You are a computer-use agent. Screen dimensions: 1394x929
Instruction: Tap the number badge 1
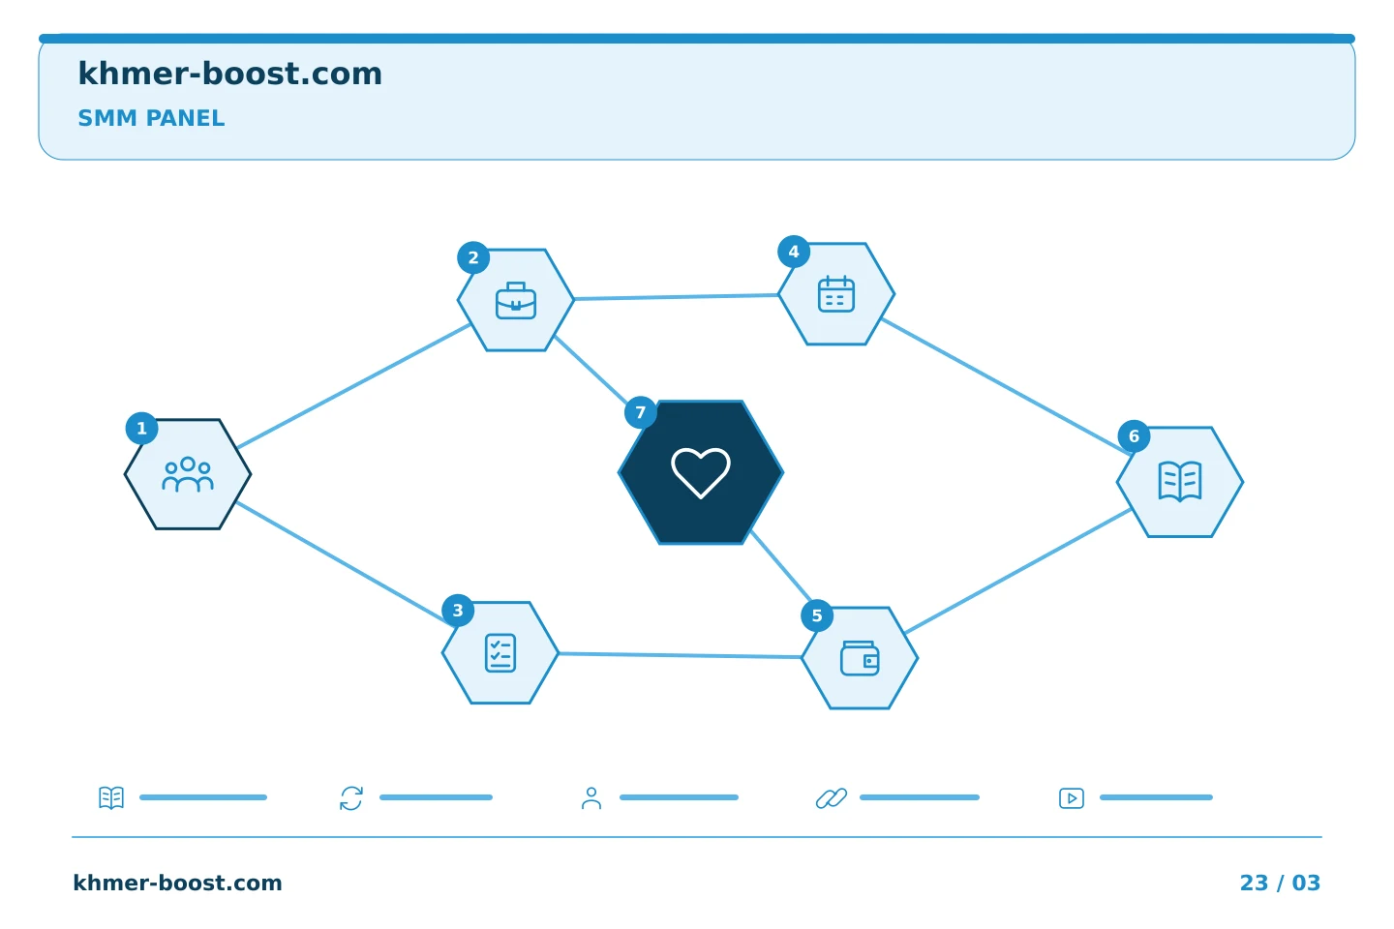click(x=142, y=428)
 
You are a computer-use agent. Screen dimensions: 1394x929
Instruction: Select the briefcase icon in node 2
click(x=516, y=301)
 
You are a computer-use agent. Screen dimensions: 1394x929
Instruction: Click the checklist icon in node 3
click(x=500, y=653)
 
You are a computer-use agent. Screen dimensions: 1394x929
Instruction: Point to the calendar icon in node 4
click(x=836, y=293)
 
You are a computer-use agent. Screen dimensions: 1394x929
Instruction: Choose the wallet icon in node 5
click(x=860, y=658)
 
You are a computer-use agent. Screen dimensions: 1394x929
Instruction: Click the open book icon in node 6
click(x=1180, y=481)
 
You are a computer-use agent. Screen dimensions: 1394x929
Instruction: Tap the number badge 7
click(x=641, y=412)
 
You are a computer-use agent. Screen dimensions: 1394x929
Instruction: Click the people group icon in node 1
click(x=188, y=474)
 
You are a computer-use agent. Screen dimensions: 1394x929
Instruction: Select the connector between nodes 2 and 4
click(x=676, y=297)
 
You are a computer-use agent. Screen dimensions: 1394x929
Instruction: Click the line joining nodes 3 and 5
click(x=680, y=655)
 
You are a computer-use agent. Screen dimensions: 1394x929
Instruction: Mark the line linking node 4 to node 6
click(x=1007, y=386)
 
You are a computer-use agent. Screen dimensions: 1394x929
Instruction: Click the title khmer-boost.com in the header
click(x=229, y=74)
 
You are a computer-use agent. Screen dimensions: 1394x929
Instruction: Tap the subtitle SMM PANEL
click(x=151, y=118)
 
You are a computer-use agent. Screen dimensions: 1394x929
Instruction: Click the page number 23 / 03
click(x=1280, y=883)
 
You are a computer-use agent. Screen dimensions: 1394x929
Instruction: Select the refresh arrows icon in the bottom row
click(x=351, y=798)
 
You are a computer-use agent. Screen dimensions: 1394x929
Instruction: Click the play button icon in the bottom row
click(x=1072, y=798)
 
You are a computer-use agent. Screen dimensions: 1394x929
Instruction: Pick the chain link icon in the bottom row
click(x=832, y=798)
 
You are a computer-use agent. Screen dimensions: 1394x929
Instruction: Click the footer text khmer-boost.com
click(x=177, y=883)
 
